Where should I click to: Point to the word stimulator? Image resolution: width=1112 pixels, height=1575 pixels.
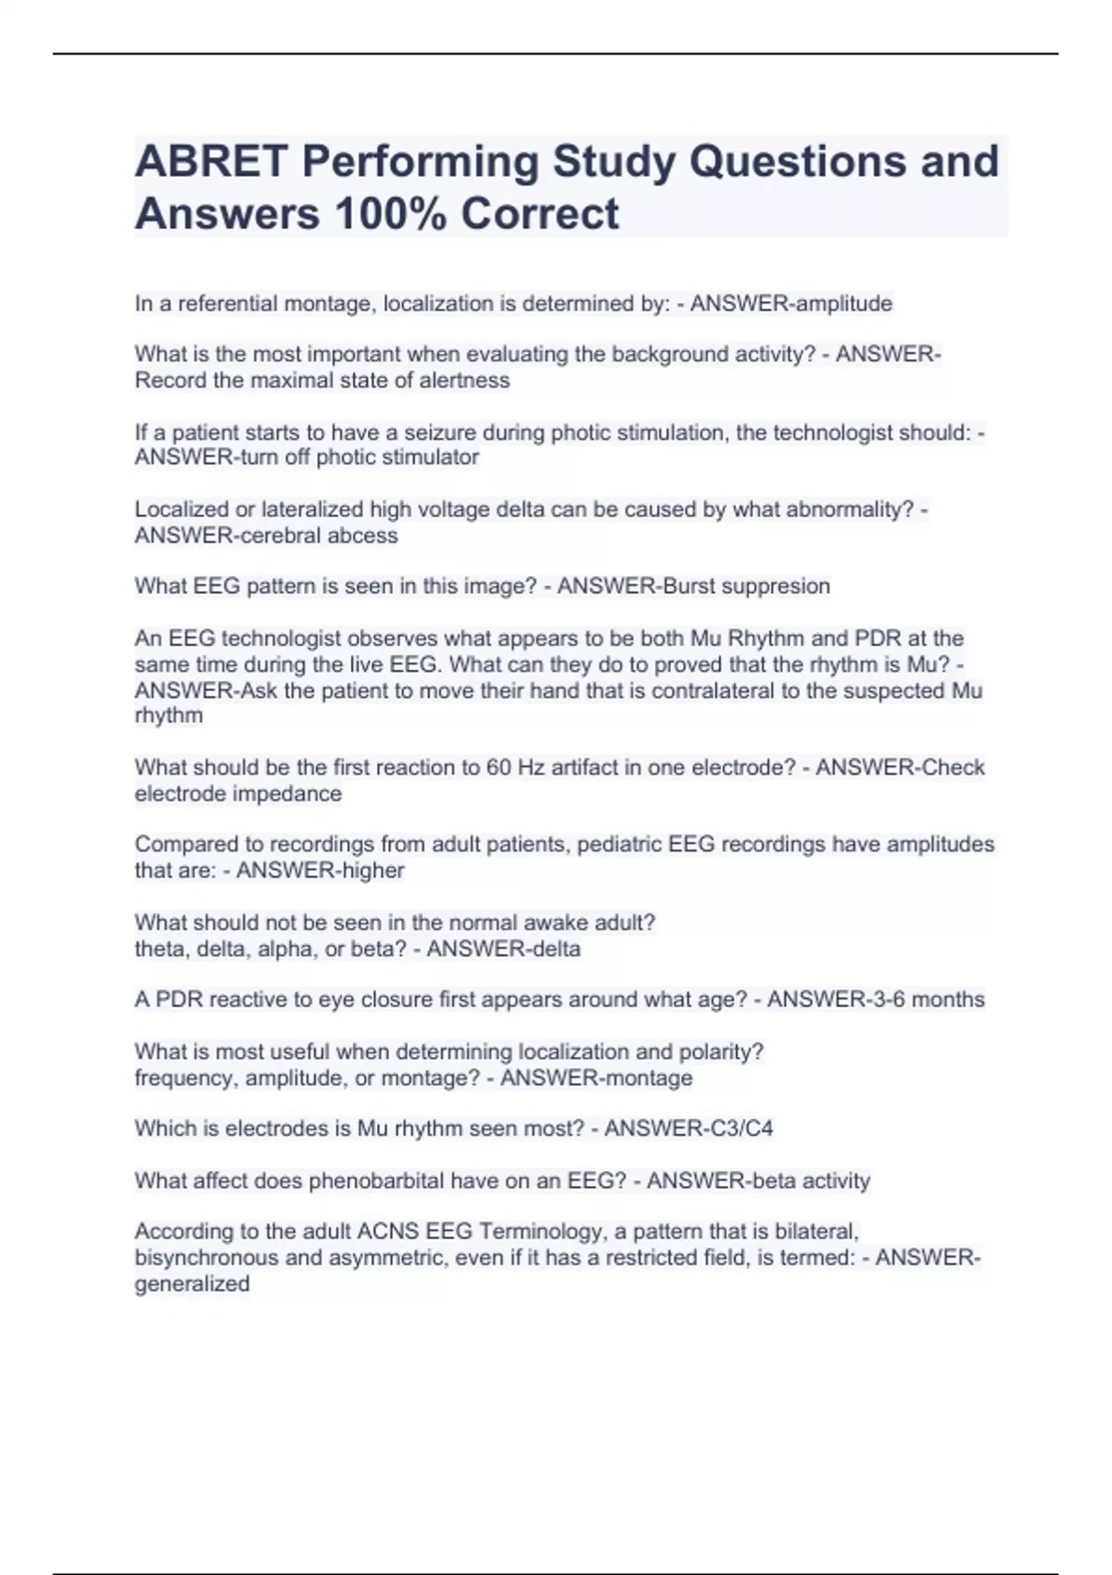tap(433, 458)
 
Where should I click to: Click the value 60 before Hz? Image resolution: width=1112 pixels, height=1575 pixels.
tap(499, 768)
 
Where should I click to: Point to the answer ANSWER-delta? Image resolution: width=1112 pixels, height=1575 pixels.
tap(503, 950)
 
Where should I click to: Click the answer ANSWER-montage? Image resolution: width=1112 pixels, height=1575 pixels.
tap(596, 1078)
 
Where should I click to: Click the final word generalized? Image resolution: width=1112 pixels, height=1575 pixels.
tap(192, 1284)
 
